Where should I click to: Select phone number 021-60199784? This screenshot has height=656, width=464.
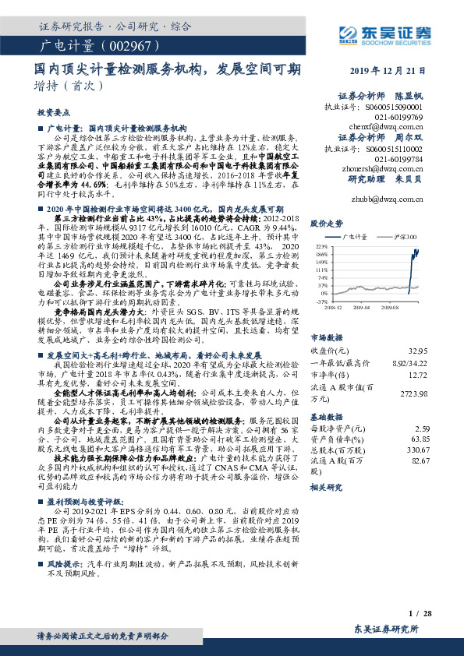(x=401, y=158)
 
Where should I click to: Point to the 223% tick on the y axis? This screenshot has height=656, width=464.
(x=321, y=245)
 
